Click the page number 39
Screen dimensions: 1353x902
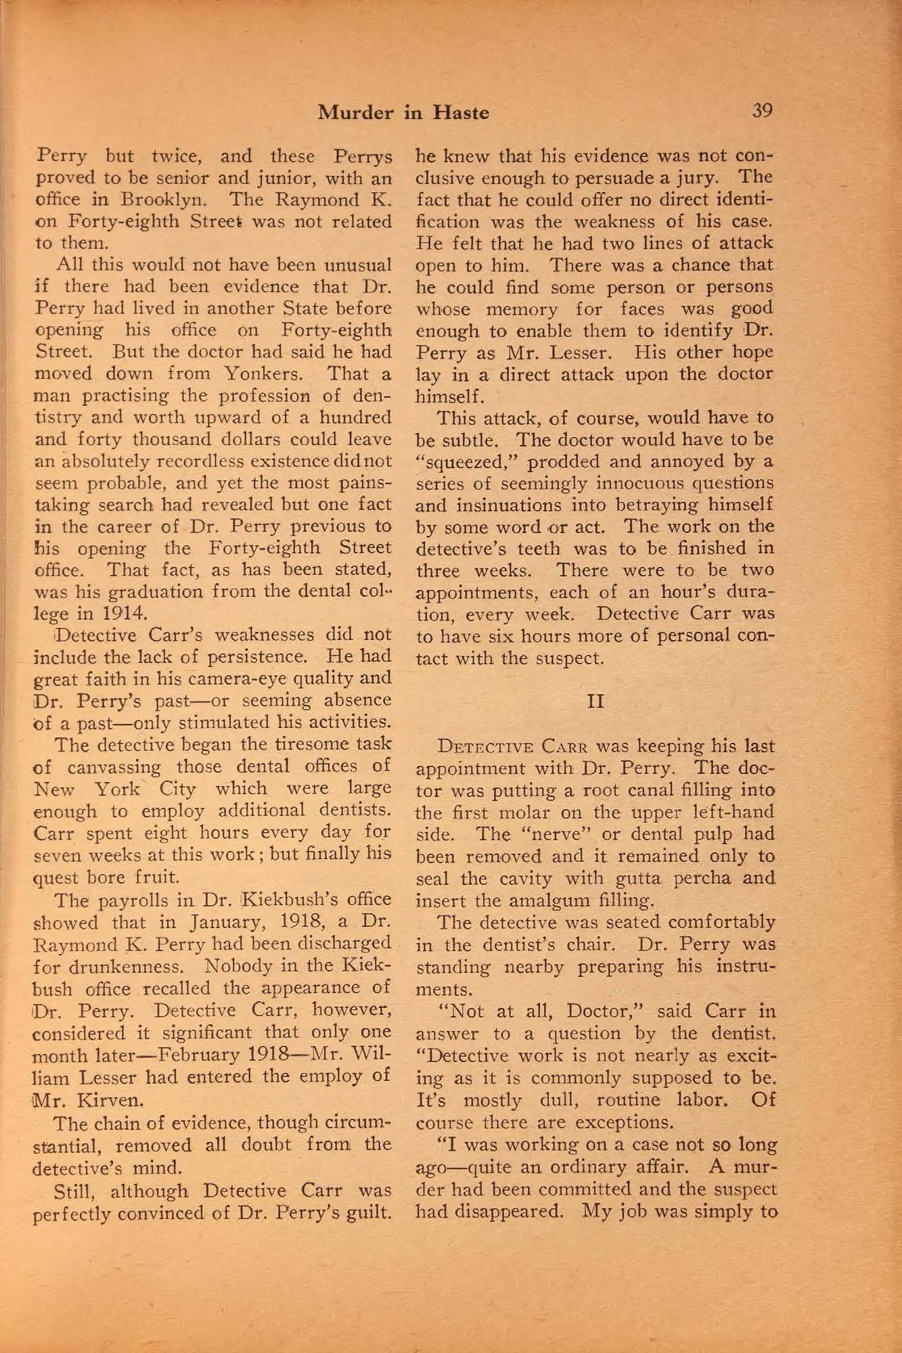tap(761, 111)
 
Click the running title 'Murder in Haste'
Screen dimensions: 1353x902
tap(404, 112)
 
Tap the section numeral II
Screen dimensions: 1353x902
tap(595, 702)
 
